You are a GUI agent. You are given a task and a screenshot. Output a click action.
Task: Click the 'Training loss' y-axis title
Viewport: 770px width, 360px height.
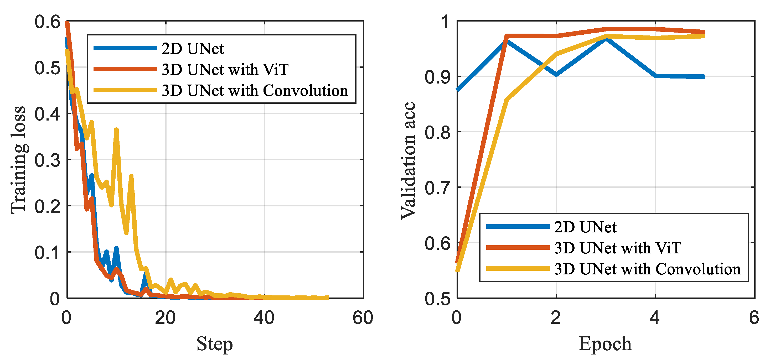[19, 160]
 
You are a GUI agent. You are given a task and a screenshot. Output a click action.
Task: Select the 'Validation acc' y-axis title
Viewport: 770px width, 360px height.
[408, 161]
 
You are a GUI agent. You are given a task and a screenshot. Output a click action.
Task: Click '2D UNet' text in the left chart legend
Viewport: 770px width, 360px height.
[193, 48]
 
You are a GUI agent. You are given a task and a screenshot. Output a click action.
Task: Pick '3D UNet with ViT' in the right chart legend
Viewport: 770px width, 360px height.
[618, 248]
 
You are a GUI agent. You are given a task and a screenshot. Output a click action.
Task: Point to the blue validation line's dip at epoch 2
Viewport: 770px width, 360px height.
[556, 74]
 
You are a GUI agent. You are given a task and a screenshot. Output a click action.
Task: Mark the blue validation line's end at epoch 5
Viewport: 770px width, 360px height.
[704, 77]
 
